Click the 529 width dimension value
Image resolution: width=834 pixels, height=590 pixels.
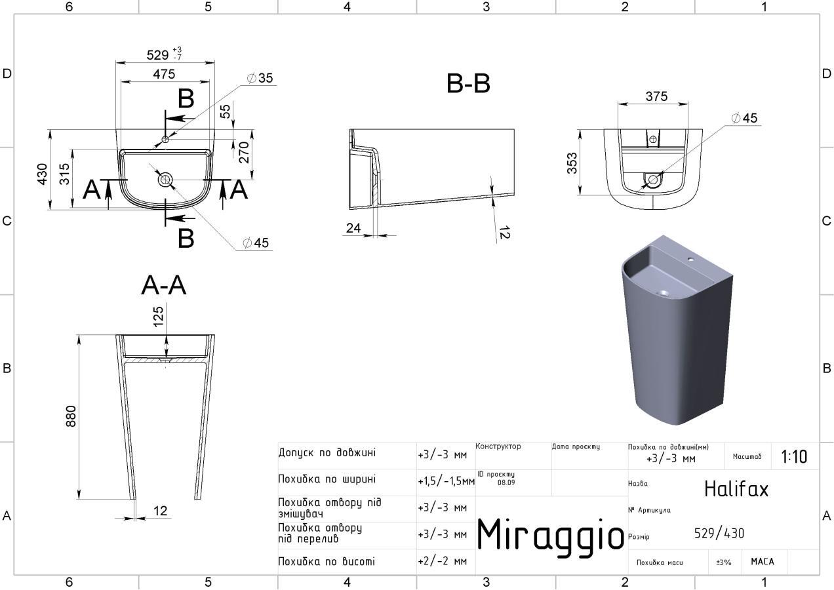(157, 55)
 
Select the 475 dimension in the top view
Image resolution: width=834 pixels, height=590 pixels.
(164, 74)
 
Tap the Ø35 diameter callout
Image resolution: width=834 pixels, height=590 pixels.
(260, 78)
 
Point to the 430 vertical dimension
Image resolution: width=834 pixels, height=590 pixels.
(43, 174)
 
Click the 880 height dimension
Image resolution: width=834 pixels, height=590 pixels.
(71, 416)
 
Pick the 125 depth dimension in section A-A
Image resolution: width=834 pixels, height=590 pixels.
(159, 316)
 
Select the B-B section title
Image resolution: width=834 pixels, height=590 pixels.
(468, 84)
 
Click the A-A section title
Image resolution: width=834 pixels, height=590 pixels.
(163, 286)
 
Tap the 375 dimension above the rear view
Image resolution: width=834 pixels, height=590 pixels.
(656, 96)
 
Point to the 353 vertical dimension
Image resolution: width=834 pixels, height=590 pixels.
(572, 163)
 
